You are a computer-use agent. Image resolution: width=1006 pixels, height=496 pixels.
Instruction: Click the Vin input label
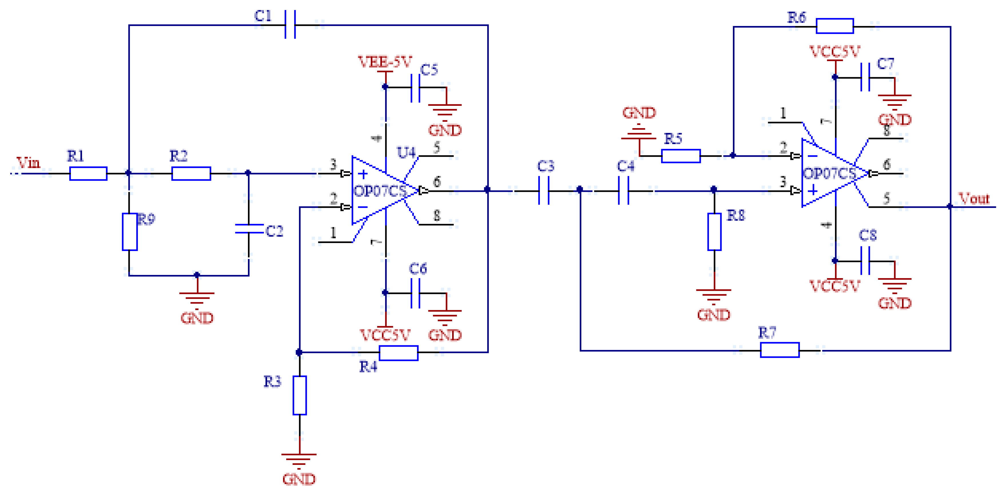28,162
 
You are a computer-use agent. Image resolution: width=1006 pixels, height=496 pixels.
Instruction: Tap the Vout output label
974,198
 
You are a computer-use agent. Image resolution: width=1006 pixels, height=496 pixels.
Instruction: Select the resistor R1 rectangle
88,174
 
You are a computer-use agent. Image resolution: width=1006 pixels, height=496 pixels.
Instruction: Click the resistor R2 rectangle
191,174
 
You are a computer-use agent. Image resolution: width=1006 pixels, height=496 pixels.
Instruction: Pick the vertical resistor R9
130,232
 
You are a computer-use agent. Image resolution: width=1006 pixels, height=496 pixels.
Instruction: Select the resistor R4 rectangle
398,353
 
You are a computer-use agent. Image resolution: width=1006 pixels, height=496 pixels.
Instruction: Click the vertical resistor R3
299,395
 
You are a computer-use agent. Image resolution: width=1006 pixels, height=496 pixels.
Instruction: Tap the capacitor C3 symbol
544,191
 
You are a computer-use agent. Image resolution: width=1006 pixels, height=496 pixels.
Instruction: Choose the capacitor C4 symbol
624,191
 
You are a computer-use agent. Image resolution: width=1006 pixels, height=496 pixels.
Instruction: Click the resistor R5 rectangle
681,156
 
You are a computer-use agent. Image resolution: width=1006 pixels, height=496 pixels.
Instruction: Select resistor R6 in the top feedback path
834,26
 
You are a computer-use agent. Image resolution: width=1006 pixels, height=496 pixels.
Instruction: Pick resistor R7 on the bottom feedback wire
780,350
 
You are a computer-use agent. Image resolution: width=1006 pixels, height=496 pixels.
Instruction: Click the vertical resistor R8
714,232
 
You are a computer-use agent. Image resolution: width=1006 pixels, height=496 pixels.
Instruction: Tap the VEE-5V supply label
385,62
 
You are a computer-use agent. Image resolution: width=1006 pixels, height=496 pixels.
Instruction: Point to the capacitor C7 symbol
865,77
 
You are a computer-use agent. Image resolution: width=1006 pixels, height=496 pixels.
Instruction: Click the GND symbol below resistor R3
299,461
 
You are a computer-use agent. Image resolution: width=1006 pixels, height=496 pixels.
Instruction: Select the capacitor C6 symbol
415,293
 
